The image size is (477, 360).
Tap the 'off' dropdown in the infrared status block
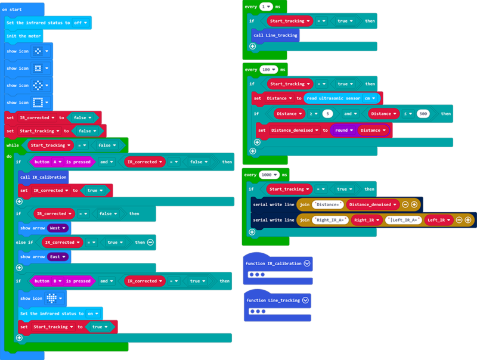(80, 22)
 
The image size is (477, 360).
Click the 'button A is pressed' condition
(61, 162)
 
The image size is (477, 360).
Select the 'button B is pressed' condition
(62, 281)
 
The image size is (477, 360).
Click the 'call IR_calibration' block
(43, 177)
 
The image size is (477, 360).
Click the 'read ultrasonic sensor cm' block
(340, 98)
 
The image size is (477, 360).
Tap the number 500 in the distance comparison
(423, 113)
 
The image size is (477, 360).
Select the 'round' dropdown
(344, 130)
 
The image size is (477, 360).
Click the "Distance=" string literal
(328, 204)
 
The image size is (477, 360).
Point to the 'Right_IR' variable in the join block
(366, 220)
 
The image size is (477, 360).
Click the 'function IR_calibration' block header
(273, 263)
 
